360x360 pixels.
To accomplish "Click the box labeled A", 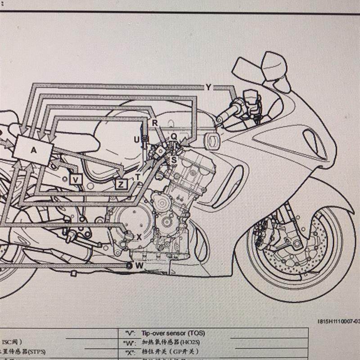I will coord(33,150).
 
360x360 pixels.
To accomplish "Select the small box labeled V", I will coord(76,179).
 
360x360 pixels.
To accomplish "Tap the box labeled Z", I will coord(121,184).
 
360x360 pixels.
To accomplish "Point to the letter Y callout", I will coord(208,87).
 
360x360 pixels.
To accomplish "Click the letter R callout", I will coord(155,123).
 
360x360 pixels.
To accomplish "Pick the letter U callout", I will coord(137,139).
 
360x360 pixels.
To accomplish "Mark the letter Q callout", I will coord(174,136).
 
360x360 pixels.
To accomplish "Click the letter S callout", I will coord(174,160).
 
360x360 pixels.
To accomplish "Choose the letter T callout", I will coord(138,177).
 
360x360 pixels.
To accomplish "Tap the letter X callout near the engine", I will coord(139,237).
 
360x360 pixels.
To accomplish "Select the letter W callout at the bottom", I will coord(139,265).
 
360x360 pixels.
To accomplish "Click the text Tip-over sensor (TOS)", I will coord(173,333).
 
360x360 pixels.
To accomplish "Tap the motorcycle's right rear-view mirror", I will coord(274,65).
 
